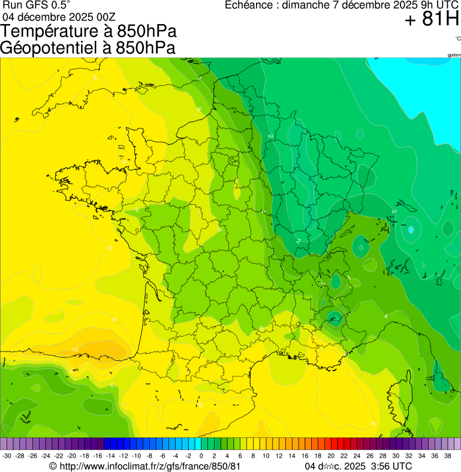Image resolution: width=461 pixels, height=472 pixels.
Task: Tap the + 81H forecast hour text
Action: (x=432, y=20)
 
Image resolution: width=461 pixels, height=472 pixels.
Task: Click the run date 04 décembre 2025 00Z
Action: (x=64, y=17)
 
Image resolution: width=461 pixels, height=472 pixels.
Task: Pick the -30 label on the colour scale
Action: (x=7, y=456)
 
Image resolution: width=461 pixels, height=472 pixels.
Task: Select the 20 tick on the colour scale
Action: (x=330, y=456)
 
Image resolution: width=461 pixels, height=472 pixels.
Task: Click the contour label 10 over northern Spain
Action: (x=75, y=349)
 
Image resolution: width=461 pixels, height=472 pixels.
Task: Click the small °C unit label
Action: (x=457, y=39)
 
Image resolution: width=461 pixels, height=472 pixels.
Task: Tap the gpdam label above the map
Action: (x=454, y=55)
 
